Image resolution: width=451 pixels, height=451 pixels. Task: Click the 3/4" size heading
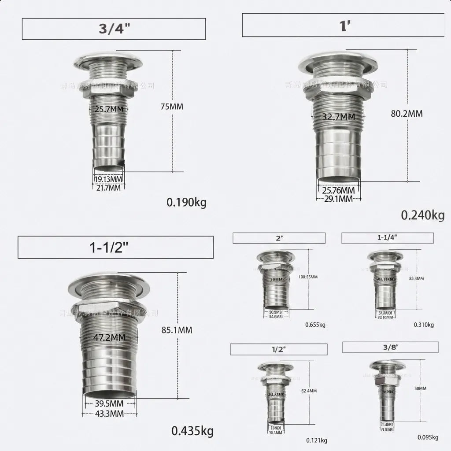(x=114, y=29)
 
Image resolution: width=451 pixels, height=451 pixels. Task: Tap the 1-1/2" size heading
(x=115, y=247)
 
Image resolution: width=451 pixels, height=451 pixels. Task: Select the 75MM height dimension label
(x=171, y=107)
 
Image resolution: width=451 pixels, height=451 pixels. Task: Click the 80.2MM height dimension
(x=407, y=114)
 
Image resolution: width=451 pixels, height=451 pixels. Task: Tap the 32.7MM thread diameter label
(x=338, y=117)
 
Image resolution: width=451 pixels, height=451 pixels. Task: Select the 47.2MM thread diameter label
(x=109, y=338)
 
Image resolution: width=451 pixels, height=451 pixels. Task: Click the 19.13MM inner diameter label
(x=108, y=180)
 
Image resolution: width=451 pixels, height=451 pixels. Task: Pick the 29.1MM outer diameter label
(x=338, y=199)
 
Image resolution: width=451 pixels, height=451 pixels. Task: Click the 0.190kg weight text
(x=186, y=203)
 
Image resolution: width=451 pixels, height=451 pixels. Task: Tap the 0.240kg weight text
(x=422, y=215)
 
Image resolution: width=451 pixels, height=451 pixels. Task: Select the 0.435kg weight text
(x=192, y=431)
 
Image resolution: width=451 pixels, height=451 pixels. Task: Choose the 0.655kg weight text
(x=315, y=325)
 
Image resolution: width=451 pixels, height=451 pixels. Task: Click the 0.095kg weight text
(x=428, y=437)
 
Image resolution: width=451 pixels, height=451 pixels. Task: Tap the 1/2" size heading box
(x=279, y=349)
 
